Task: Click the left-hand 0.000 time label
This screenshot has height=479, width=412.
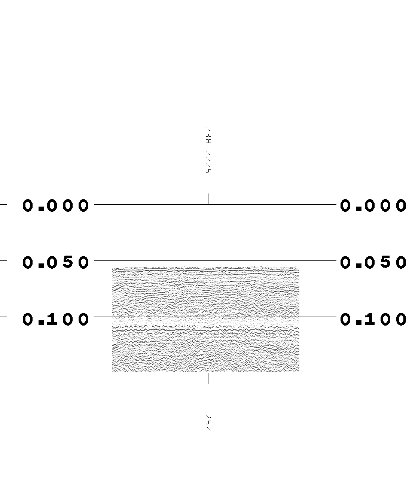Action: [56, 205]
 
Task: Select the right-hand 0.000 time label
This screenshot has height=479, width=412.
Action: [373, 205]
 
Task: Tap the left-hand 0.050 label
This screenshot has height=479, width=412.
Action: [56, 262]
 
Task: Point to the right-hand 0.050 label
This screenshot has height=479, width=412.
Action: [373, 262]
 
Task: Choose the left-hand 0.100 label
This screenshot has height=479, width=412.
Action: [56, 319]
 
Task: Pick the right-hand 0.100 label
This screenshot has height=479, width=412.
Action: [373, 319]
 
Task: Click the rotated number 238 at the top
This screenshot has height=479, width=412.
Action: [208, 135]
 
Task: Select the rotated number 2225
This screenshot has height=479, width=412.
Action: [208, 162]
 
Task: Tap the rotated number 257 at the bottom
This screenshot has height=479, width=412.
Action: [208, 422]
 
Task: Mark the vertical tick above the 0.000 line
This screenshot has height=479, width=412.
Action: [208, 199]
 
